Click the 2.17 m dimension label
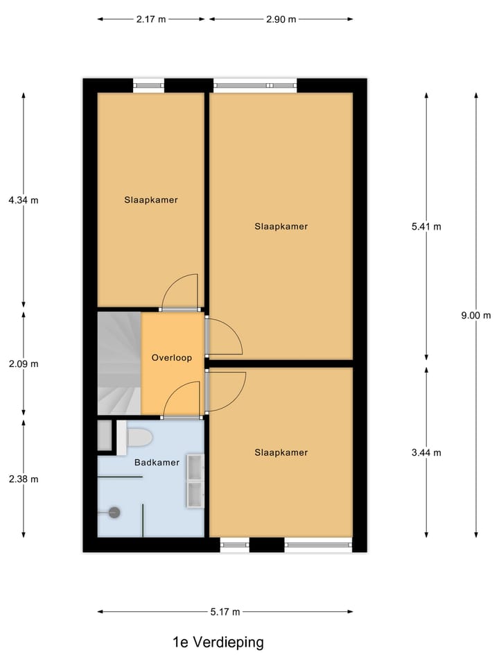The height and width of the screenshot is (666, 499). click(151, 19)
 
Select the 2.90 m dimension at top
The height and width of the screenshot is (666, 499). click(281, 19)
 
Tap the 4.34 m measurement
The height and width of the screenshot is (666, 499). click(24, 200)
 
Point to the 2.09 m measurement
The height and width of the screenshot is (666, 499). click(24, 364)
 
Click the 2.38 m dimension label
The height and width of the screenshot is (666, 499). click(24, 479)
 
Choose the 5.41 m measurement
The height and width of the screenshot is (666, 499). click(426, 226)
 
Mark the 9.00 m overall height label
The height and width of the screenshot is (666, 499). click(476, 314)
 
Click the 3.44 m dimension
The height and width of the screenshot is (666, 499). click(426, 452)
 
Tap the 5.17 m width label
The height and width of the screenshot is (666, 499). click(225, 612)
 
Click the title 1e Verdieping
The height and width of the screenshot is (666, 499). click(218, 642)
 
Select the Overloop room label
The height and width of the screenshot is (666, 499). click(171, 358)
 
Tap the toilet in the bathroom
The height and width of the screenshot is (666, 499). click(137, 437)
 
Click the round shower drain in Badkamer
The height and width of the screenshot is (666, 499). click(114, 513)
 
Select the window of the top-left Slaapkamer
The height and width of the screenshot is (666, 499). click(148, 86)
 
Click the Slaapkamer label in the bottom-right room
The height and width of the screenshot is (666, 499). click(281, 452)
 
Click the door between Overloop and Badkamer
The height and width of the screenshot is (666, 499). click(182, 400)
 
